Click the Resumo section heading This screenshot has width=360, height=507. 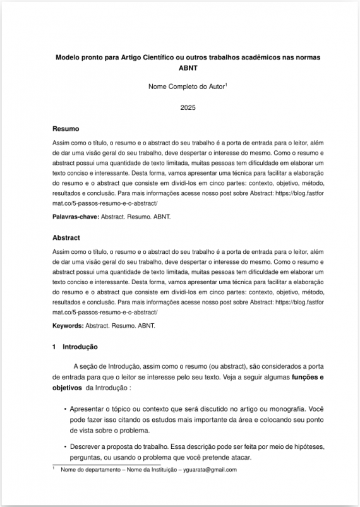pos(66,129)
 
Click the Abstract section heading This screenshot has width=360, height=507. pos(66,238)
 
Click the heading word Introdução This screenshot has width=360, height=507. pos(80,347)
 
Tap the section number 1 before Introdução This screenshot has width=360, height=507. pos(55,347)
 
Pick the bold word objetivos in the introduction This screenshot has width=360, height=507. pos(68,388)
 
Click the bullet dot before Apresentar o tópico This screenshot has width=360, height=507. pos(65,409)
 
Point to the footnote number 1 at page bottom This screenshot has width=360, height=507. pos(54,468)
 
